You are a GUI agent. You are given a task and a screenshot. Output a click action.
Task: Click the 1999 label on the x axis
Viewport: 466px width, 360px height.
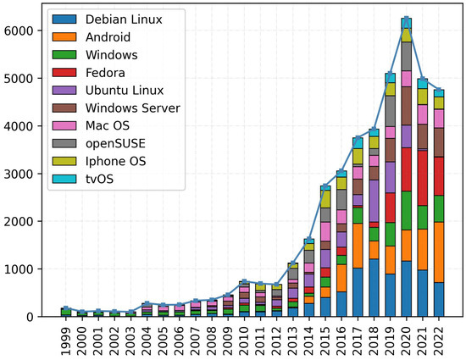[x=67, y=338]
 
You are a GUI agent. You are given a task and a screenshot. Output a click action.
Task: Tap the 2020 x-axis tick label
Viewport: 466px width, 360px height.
[x=407, y=338]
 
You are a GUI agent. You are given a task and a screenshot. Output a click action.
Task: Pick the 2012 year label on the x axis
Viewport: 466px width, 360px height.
[x=277, y=338]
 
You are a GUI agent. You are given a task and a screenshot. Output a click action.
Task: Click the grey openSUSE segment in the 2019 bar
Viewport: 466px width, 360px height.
[x=391, y=111]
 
